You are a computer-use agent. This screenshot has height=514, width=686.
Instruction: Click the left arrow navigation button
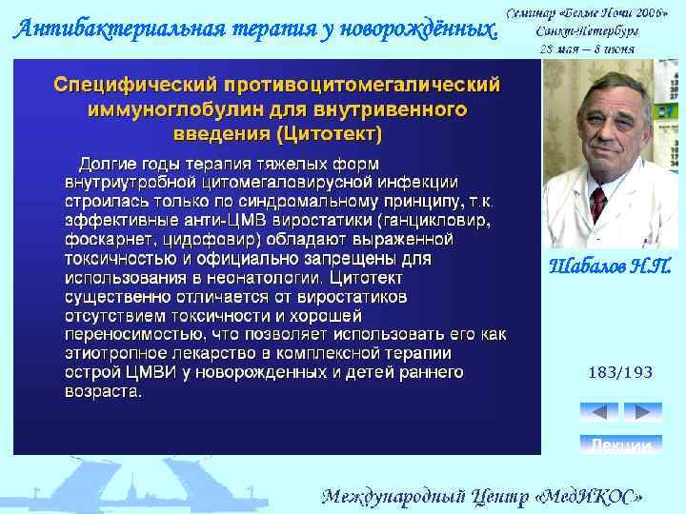[x=598, y=412]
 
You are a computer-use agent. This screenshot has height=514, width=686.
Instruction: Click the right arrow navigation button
[x=642, y=412]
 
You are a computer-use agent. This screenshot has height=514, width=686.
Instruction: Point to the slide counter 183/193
[x=620, y=372]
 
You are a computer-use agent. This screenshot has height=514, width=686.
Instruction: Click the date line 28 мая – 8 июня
[x=592, y=47]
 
